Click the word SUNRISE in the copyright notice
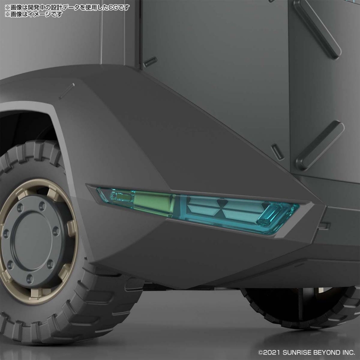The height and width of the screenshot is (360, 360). tap(297, 352)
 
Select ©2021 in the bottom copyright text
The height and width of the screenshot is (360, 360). tap(269, 352)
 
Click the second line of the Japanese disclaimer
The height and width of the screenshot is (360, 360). tap(34, 14)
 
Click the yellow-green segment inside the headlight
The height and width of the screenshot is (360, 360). tap(153, 201)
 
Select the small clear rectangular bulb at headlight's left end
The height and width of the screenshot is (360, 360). tap(121, 197)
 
